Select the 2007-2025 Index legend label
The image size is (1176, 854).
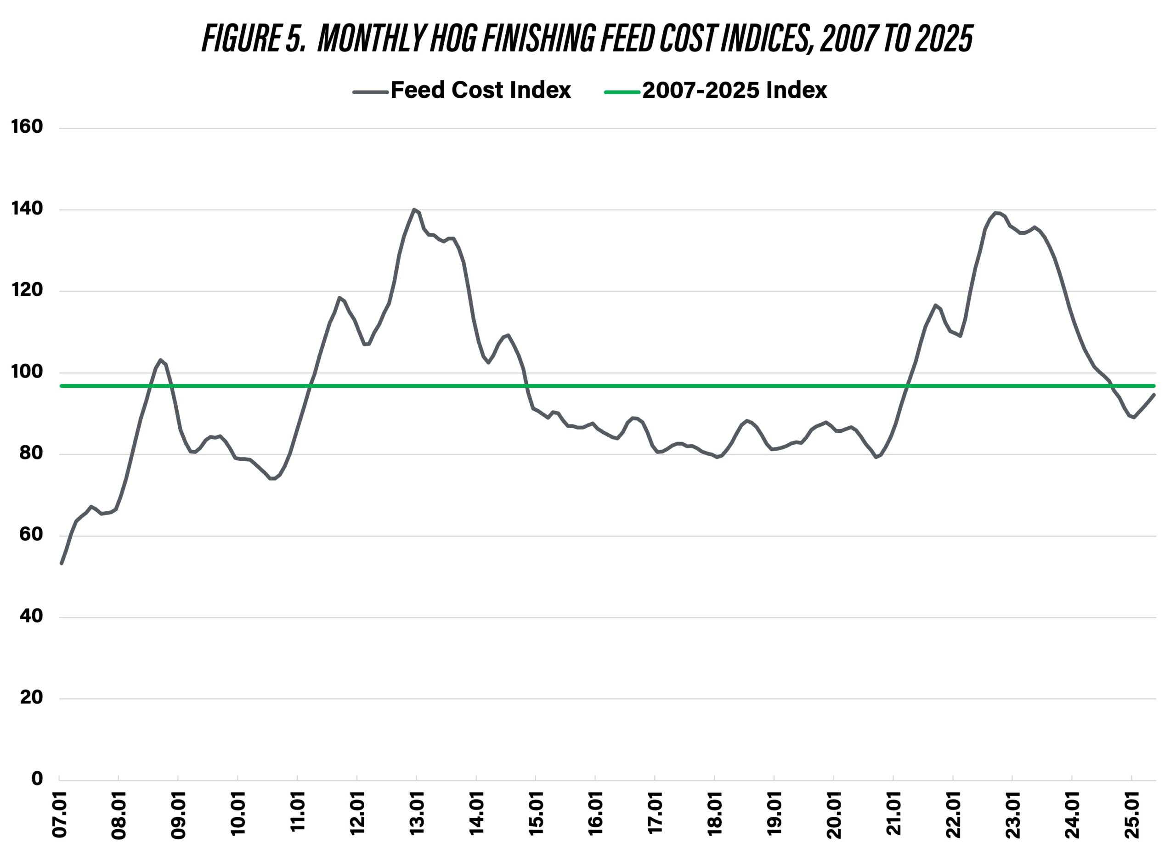point(734,90)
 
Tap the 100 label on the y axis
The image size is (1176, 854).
point(27,372)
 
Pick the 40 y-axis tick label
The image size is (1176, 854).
point(31,616)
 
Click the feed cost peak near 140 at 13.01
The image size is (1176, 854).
point(414,209)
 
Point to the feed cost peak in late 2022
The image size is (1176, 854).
point(995,212)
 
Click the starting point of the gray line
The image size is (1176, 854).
point(62,563)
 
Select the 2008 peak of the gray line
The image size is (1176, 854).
point(160,359)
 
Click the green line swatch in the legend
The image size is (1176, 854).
point(622,92)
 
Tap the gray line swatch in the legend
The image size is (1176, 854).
point(370,92)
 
